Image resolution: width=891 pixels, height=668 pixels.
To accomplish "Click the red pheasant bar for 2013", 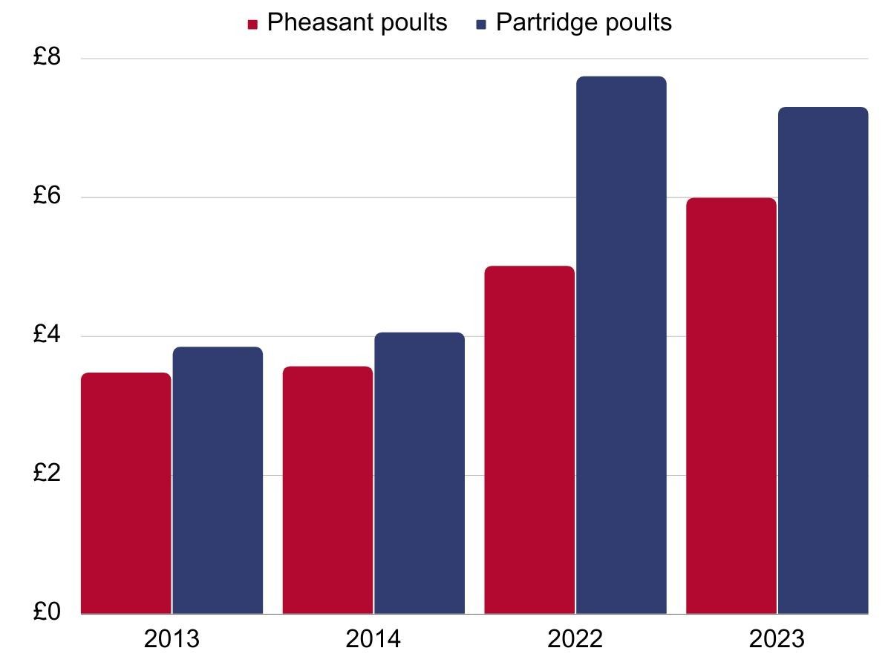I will (126, 494).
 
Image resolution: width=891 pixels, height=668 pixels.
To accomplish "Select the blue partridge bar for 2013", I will (218, 481).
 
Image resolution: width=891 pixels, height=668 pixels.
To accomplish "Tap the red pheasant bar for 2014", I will (327, 491).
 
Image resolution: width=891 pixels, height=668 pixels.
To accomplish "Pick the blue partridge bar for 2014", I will (420, 474).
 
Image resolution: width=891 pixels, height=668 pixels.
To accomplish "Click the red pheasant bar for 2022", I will (529, 440).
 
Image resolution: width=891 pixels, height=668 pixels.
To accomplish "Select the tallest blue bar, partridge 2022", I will (621, 345).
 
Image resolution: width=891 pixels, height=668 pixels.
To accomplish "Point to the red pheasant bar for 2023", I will (731, 406).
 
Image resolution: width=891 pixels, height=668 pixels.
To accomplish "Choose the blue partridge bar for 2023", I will (823, 361).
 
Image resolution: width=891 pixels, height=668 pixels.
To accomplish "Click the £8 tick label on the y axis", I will (49, 58).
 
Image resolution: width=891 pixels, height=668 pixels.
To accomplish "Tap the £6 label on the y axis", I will (49, 197).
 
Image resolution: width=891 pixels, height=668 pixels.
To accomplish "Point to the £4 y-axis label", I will (49, 336).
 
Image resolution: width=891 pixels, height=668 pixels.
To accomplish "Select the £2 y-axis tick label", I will (49, 475).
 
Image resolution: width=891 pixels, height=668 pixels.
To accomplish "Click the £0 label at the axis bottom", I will (49, 613).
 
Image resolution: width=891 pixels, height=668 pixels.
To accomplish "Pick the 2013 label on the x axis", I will (172, 639).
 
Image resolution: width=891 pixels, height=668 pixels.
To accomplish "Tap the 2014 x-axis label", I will (373, 639).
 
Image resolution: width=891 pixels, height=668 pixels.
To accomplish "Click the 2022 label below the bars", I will (575, 639).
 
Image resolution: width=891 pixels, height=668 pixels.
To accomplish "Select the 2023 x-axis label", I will (777, 639).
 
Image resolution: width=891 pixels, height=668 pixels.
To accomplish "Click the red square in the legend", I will (252, 24).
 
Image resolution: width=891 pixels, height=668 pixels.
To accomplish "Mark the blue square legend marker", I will (480, 24).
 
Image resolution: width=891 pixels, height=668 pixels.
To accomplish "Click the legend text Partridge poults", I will (584, 23).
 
